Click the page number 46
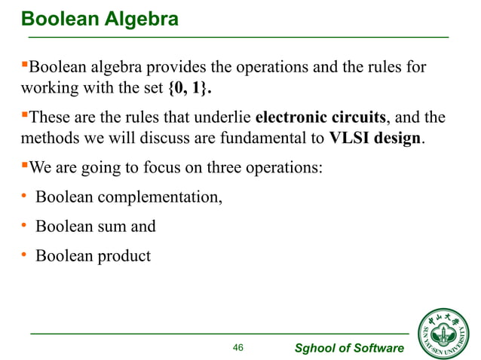pos(238,347)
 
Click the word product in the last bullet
pos(124,255)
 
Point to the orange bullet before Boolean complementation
pos(23,198)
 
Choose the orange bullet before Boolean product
pos(23,255)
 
